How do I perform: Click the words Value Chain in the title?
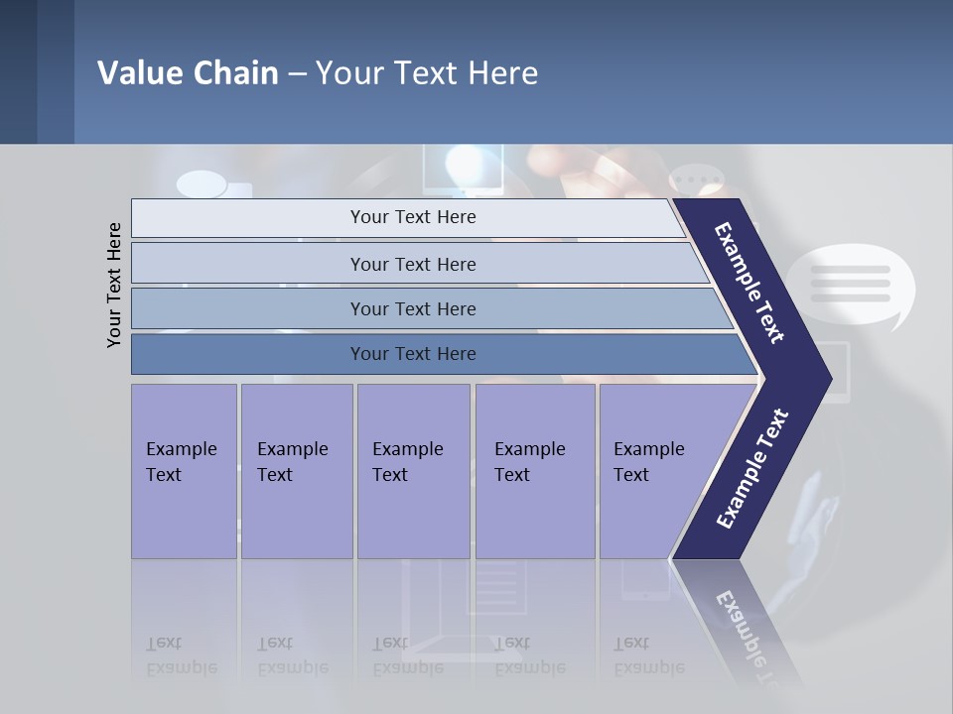[x=188, y=73]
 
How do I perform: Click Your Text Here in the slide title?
[x=427, y=73]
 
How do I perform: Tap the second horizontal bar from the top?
[x=413, y=264]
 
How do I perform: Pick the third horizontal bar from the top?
[x=413, y=308]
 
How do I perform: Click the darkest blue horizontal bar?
[x=413, y=354]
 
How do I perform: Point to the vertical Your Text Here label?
[x=115, y=285]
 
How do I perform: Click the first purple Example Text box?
[x=184, y=471]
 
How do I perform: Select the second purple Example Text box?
[x=296, y=471]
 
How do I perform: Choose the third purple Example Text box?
[x=412, y=471]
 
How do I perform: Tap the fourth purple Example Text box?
[x=534, y=471]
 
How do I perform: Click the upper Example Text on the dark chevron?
[x=749, y=283]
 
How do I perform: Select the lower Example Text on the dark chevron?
[x=752, y=468]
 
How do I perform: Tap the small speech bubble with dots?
[x=697, y=181]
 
